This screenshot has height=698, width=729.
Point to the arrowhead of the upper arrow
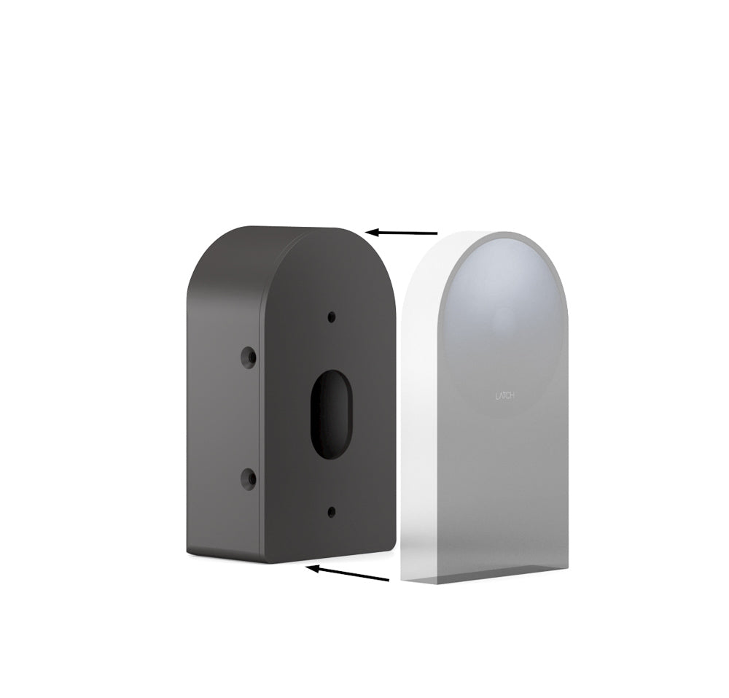pyautogui.click(x=371, y=232)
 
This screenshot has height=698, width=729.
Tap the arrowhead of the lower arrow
pyautogui.click(x=311, y=568)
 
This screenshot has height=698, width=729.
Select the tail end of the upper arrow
pyautogui.click(x=435, y=233)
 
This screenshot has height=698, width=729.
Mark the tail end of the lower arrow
pyautogui.click(x=387, y=579)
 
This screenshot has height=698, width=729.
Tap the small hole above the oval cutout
pyautogui.click(x=332, y=317)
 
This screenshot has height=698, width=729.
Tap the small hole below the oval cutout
pyautogui.click(x=332, y=511)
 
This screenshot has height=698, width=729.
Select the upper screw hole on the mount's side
pyautogui.click(x=249, y=357)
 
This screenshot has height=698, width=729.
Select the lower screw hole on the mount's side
pyautogui.click(x=249, y=478)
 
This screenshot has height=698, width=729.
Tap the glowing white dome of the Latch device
pyautogui.click(x=503, y=292)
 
